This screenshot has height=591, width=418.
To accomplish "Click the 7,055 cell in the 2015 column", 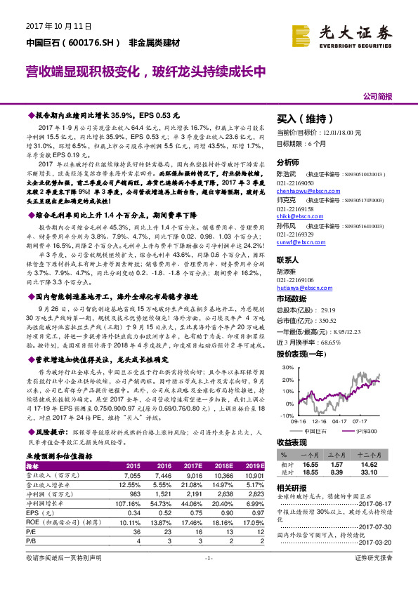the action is [x=132, y=475].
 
